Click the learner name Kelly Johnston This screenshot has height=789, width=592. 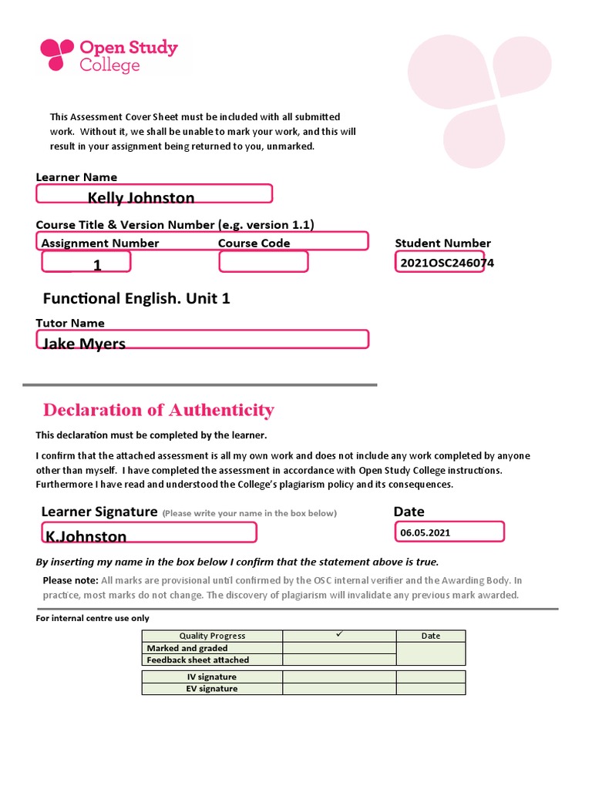[x=141, y=197]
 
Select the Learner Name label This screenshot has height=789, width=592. [x=76, y=177]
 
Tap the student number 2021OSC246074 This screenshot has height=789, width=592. [x=447, y=263]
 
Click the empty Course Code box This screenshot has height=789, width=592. [x=264, y=262]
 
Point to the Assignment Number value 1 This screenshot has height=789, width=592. [x=97, y=265]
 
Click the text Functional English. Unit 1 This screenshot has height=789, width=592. [x=136, y=298]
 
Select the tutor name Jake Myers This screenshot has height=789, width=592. [x=84, y=344]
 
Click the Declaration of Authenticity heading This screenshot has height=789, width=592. [x=159, y=409]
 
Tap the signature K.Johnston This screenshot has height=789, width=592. [x=86, y=536]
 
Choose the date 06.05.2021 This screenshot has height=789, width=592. [x=425, y=532]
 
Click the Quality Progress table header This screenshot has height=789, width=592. [x=212, y=636]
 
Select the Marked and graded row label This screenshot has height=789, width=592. [x=187, y=648]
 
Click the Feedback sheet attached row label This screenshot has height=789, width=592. [x=198, y=660]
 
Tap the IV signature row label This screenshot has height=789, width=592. [x=212, y=677]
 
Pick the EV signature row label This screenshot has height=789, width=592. [x=212, y=688]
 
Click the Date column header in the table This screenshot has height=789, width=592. [x=431, y=636]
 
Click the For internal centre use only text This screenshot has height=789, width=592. [x=92, y=618]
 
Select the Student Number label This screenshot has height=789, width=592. [x=442, y=243]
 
